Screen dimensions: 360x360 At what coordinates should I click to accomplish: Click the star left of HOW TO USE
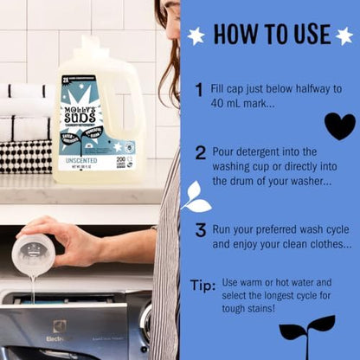(196, 35)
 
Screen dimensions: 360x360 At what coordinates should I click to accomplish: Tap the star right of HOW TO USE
(344, 35)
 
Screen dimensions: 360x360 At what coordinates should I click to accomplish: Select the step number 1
(199, 89)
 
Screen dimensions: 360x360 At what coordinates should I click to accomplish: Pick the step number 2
(200, 153)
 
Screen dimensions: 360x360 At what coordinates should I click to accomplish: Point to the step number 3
(200, 229)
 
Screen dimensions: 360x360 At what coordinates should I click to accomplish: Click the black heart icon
(339, 125)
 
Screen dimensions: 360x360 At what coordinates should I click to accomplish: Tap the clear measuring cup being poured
(33, 254)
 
